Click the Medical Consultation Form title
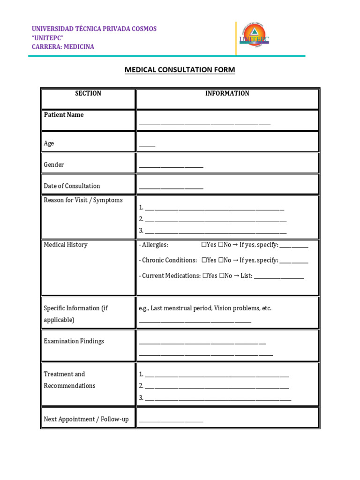pos(180,70)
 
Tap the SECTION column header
pos(88,93)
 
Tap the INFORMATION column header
pos(227,93)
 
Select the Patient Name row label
pos(64,115)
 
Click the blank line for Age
pos(147,145)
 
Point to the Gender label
pos(54,165)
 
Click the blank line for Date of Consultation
pos(171,187)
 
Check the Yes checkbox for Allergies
pos(204,245)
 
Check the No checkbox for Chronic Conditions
pos(222,260)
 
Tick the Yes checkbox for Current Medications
pos(205,276)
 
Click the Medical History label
pos(66,245)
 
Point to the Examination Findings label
pos(74,341)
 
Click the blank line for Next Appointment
pos(171,421)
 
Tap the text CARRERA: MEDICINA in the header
pos(63,46)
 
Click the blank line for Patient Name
pos(204,124)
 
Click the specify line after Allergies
pos(293,246)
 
